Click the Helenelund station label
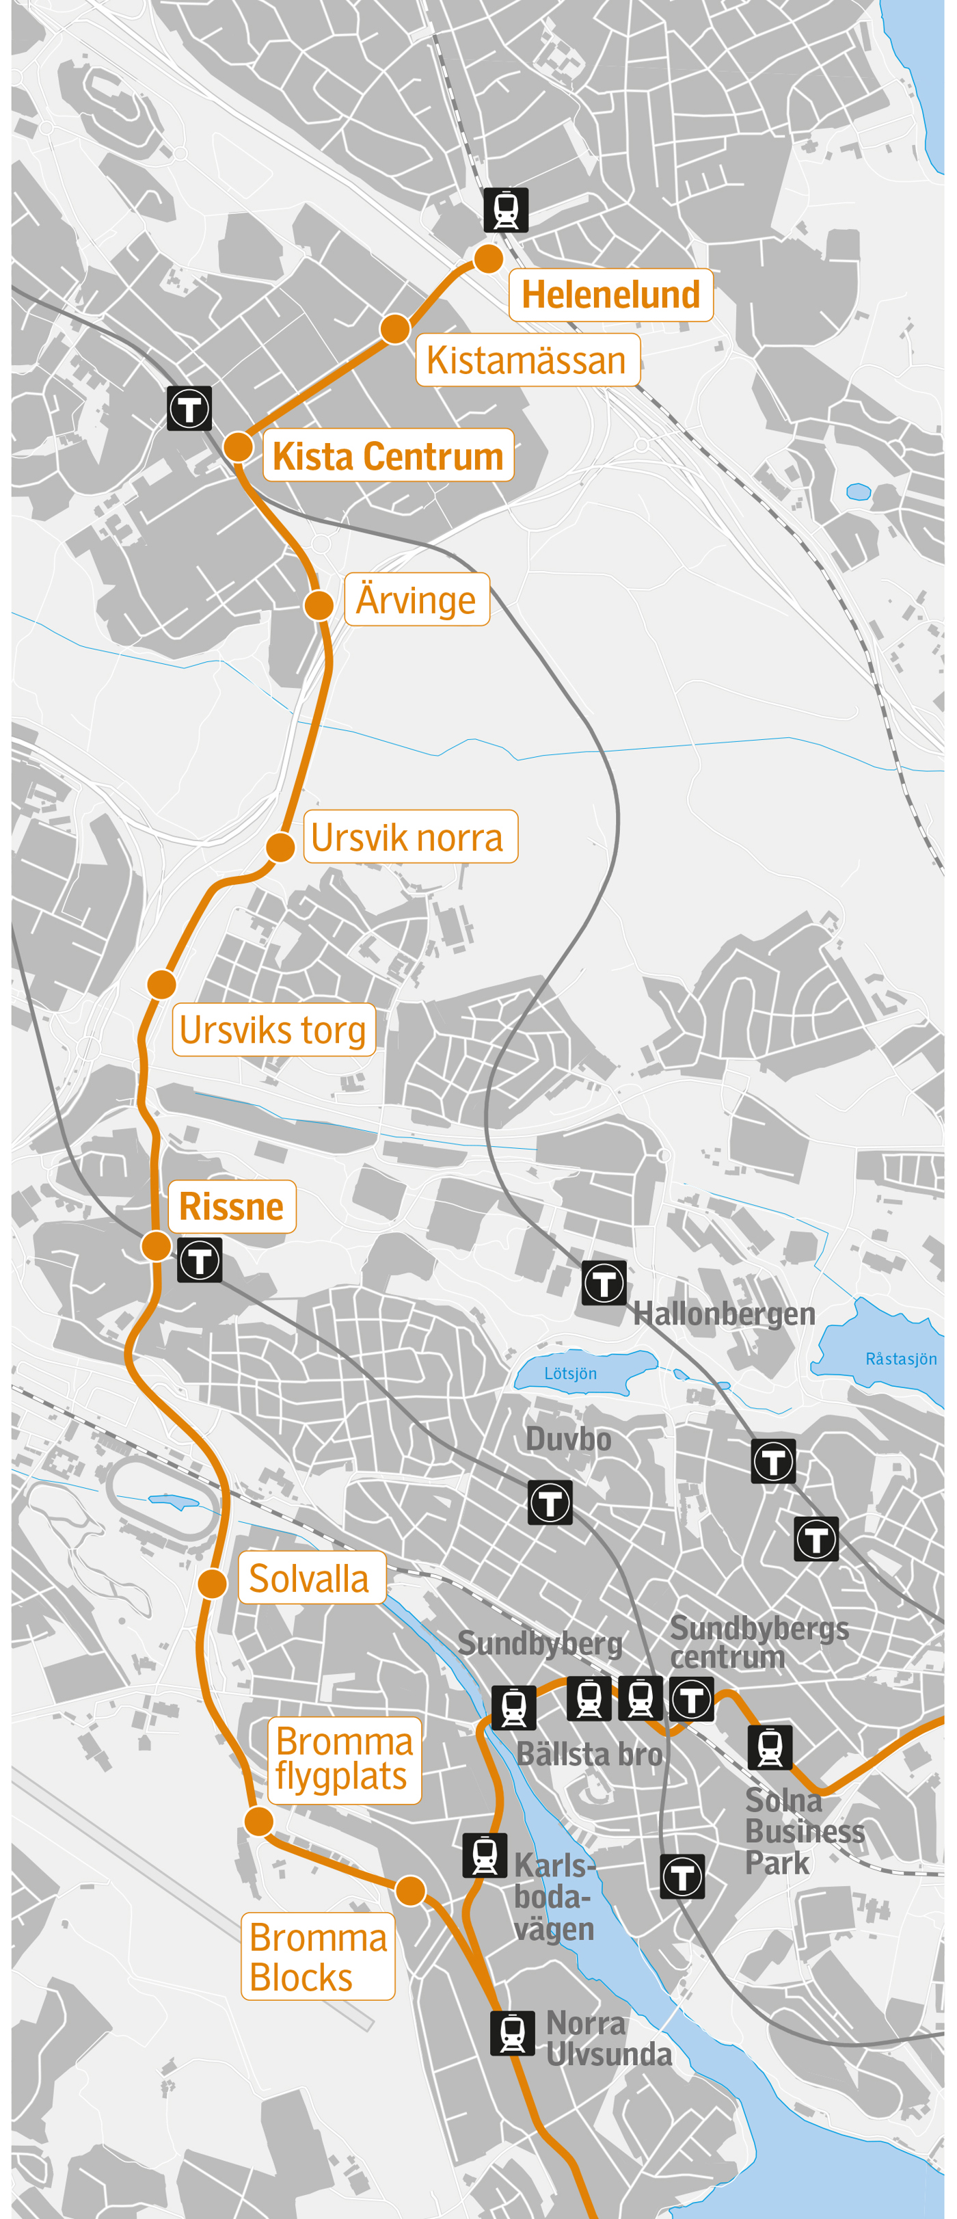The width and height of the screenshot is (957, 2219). [x=610, y=295]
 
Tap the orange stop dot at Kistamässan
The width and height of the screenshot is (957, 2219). [x=394, y=328]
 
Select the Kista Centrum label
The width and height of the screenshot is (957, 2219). [x=388, y=455]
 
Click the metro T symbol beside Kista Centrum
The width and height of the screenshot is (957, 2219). [x=189, y=408]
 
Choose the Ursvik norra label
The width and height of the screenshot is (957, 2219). [x=410, y=836]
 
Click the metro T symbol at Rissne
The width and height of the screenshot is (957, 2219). [x=200, y=1260]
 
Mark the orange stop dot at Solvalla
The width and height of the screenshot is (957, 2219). [x=212, y=1582]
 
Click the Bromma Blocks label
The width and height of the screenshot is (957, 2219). [x=318, y=1956]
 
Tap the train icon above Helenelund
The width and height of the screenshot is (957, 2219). [x=506, y=209]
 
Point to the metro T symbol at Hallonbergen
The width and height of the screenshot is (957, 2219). [x=604, y=1283]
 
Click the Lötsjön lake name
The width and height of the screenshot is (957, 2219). [x=570, y=1373]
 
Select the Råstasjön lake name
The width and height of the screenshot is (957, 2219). [x=900, y=1359]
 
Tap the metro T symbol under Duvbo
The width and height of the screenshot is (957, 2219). [x=550, y=1502]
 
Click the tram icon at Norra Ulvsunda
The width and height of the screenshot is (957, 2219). [x=513, y=2033]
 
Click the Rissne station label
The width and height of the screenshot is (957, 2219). [x=232, y=1206]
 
